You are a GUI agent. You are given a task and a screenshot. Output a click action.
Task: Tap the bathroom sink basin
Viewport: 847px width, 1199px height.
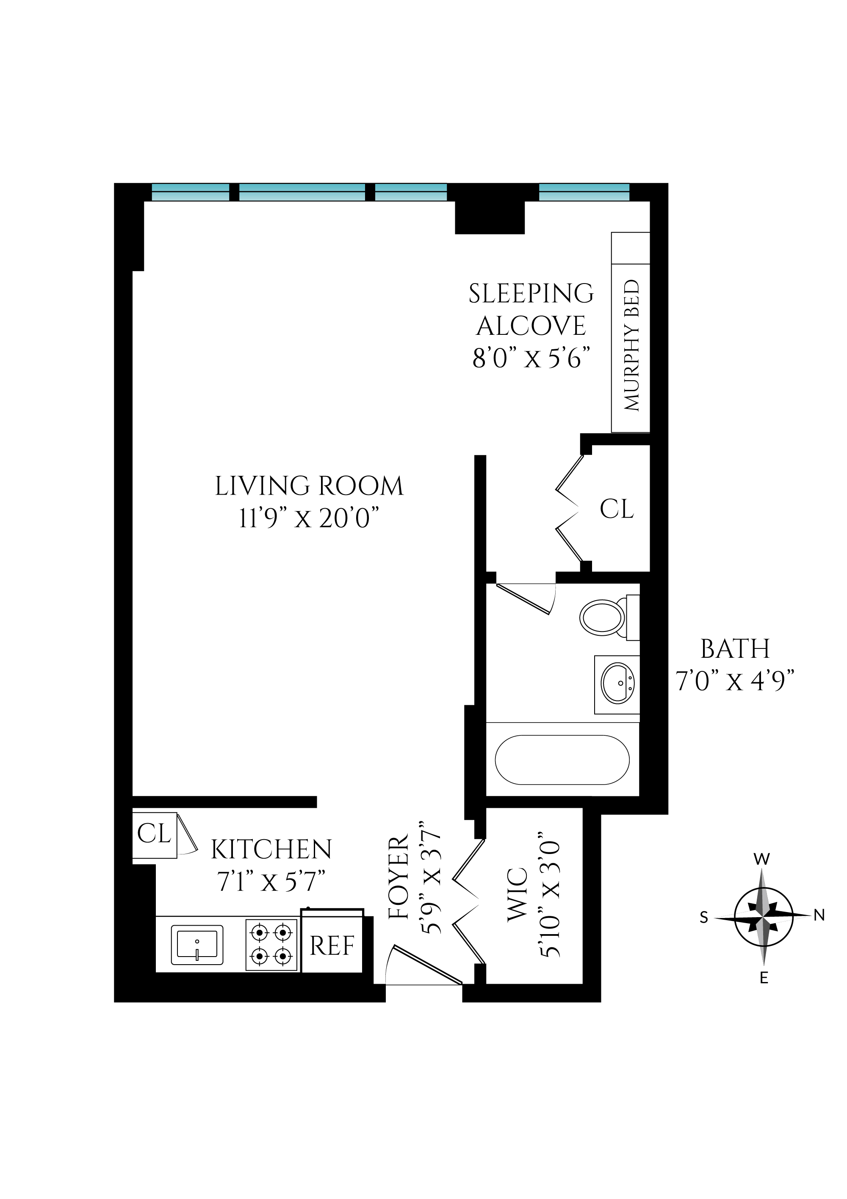(618, 684)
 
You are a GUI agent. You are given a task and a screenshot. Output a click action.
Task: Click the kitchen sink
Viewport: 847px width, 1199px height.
(197, 945)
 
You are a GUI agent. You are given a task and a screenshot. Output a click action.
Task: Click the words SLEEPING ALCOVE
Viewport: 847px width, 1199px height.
(531, 310)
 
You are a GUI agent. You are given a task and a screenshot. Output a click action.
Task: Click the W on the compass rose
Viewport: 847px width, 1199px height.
(762, 859)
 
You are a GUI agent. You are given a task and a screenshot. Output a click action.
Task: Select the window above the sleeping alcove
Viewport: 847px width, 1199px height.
(584, 192)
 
